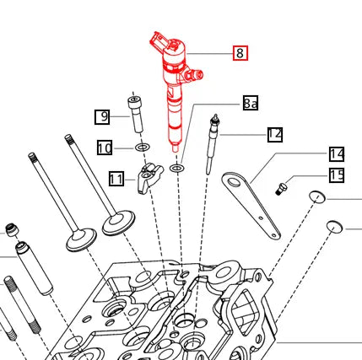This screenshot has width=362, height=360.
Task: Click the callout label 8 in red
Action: pos(240,53)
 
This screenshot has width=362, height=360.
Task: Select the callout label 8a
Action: pos(250,104)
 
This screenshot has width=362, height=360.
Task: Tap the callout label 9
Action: pos(102,116)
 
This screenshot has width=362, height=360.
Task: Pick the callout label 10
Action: pos(104,148)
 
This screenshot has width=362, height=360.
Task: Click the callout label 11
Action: pos(117,179)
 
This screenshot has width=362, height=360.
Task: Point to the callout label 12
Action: pos(274,134)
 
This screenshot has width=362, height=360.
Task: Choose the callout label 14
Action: pos(337,153)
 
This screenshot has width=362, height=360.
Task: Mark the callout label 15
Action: pos(337,175)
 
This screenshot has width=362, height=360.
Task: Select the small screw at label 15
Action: pos(283,185)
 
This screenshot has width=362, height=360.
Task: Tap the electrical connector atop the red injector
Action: pos(161,41)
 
